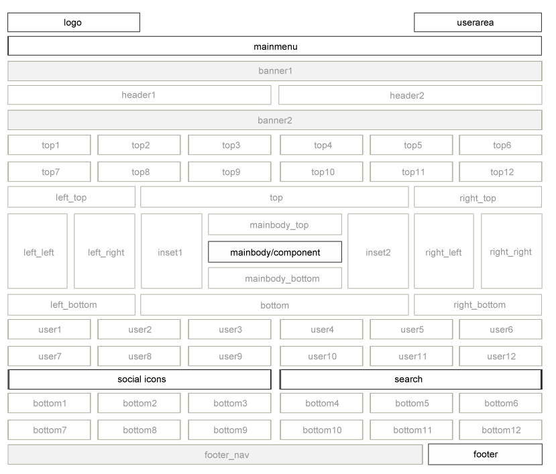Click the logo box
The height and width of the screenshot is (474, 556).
[74, 22]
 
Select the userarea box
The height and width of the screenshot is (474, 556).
[478, 22]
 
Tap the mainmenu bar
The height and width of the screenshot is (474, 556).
[275, 46]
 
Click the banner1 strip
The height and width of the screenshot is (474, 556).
[275, 71]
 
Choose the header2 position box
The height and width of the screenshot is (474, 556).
[410, 95]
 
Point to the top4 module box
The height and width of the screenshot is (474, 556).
[321, 145]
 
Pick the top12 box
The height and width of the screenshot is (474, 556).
[501, 172]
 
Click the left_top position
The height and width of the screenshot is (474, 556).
[71, 197]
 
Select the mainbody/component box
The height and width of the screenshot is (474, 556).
[275, 252]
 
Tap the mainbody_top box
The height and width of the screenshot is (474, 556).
[275, 225]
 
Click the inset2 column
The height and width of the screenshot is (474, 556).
[378, 251]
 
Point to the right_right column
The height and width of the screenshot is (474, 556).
[511, 251]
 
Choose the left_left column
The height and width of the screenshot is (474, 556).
[38, 251]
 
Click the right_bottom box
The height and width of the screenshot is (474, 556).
[478, 305]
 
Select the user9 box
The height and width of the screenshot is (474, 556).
[229, 356]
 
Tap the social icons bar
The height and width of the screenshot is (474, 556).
[140, 379]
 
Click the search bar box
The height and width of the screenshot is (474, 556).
[410, 379]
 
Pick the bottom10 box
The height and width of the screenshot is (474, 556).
[321, 430]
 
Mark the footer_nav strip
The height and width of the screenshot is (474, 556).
[215, 455]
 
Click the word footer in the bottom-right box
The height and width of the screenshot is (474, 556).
[486, 454]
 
